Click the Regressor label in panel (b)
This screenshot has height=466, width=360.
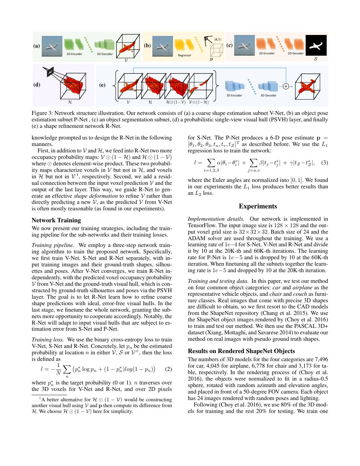click(185, 55)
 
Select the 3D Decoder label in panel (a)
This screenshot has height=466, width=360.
click(105, 54)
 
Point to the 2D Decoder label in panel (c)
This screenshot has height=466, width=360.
click(296, 53)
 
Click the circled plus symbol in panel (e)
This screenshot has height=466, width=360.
click(286, 86)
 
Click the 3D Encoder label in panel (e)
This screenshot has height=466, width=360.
click(234, 95)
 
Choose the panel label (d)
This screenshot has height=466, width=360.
click(37, 85)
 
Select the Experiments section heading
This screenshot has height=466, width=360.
click(258, 206)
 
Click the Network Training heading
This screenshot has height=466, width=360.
click(56, 220)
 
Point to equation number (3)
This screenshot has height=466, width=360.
click(324, 162)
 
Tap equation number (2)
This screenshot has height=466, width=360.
click(168, 369)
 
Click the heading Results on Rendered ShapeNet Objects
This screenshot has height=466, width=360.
click(241, 351)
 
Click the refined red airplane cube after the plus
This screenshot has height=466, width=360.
click(307, 86)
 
